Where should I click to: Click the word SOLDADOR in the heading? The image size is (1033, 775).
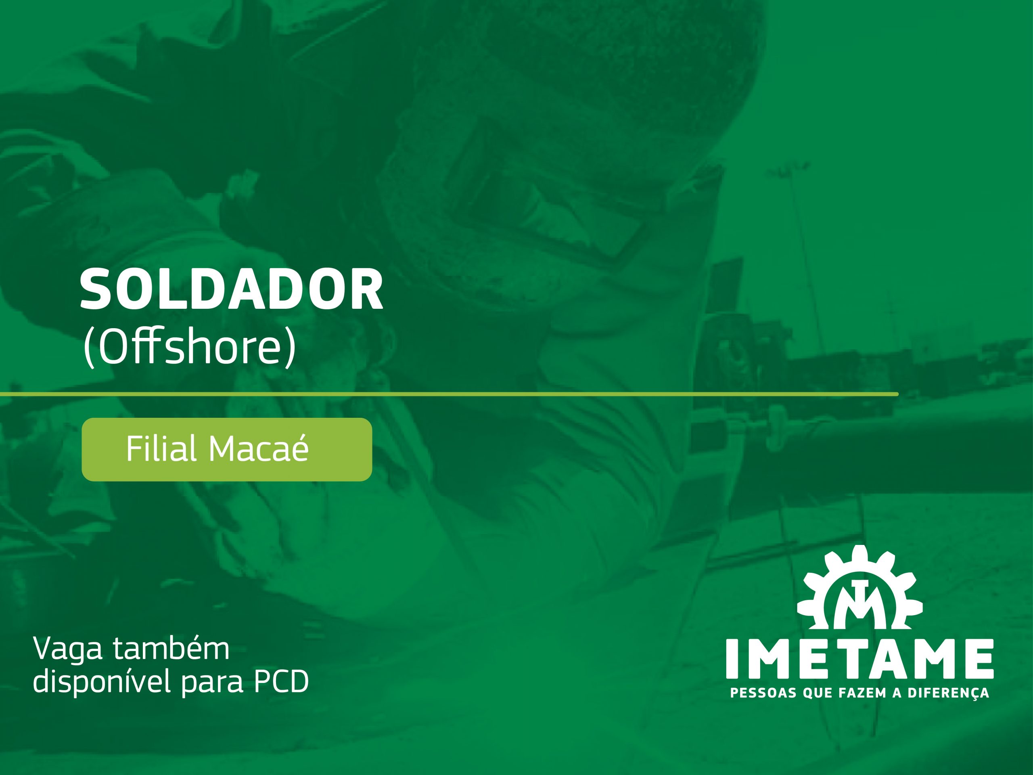(x=231, y=290)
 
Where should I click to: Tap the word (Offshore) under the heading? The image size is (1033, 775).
(x=189, y=347)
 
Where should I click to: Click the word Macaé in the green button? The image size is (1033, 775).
(x=258, y=448)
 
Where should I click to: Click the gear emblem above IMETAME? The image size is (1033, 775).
(x=860, y=590)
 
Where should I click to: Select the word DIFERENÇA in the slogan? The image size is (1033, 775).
(x=948, y=693)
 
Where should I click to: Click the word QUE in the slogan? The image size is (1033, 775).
(x=817, y=693)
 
